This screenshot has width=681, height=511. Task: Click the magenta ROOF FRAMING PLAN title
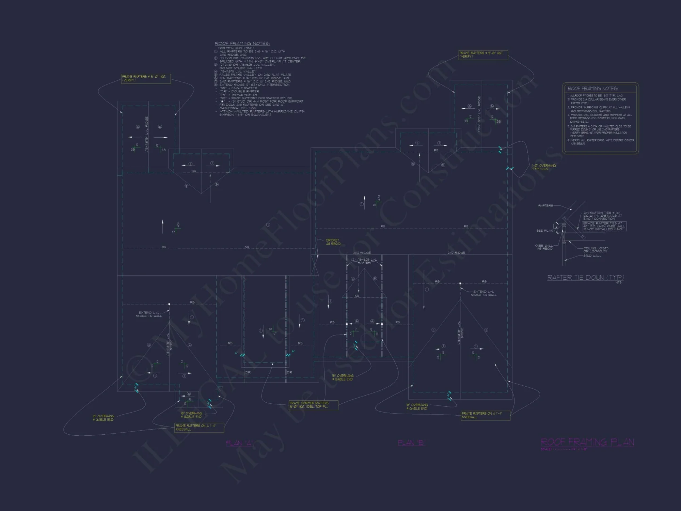point(587,442)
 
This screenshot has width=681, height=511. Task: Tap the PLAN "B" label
point(411,443)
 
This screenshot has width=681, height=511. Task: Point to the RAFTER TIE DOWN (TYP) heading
point(585,278)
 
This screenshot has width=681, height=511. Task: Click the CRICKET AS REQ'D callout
point(333,242)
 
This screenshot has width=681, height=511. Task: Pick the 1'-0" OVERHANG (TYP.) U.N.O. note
point(543,167)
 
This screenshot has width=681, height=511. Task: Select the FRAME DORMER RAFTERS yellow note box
point(313,405)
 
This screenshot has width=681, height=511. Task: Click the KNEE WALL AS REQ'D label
point(544,247)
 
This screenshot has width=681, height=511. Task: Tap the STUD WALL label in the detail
point(592,256)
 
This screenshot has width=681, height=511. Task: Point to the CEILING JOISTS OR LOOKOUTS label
point(596,250)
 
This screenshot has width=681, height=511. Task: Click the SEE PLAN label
point(544,231)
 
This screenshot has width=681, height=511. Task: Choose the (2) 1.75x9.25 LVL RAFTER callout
point(364,261)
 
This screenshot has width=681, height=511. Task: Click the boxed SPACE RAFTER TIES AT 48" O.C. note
point(604,226)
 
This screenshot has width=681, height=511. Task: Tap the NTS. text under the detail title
point(619,282)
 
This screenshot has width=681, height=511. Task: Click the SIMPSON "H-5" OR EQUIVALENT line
point(245,115)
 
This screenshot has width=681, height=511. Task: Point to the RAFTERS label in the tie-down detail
point(545,205)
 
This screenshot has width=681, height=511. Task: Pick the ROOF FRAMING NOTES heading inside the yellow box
point(592,89)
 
